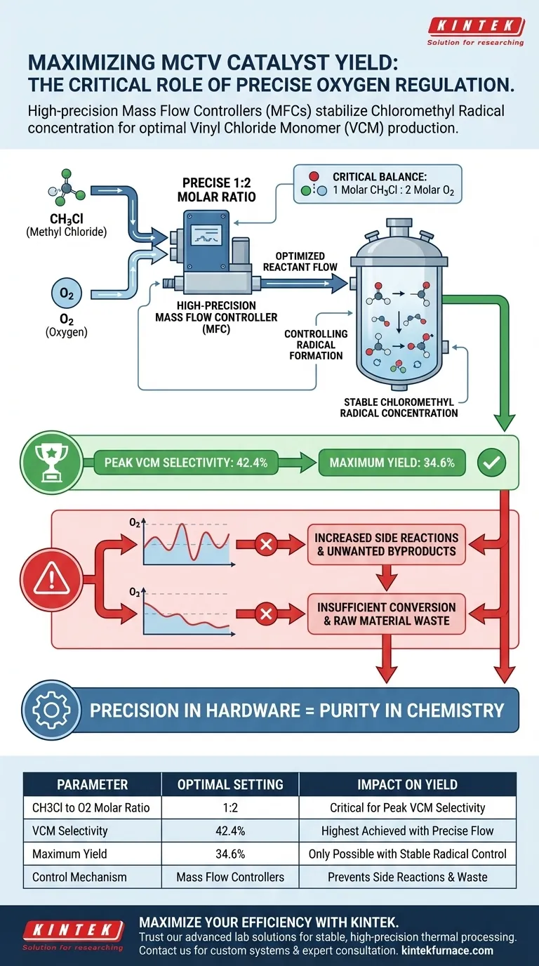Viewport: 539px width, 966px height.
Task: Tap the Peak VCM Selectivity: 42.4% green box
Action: tap(180, 463)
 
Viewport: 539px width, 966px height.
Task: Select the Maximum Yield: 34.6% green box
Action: tap(391, 463)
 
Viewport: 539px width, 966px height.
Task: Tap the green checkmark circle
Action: tap(491, 463)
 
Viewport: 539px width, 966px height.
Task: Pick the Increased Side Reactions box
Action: tap(386, 544)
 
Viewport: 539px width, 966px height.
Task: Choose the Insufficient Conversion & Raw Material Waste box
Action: tap(386, 614)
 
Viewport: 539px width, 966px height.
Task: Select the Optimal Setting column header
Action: tap(230, 784)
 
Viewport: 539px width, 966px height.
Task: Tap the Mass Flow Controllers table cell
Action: tap(230, 876)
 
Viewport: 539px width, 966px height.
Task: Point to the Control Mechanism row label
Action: tap(79, 876)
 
